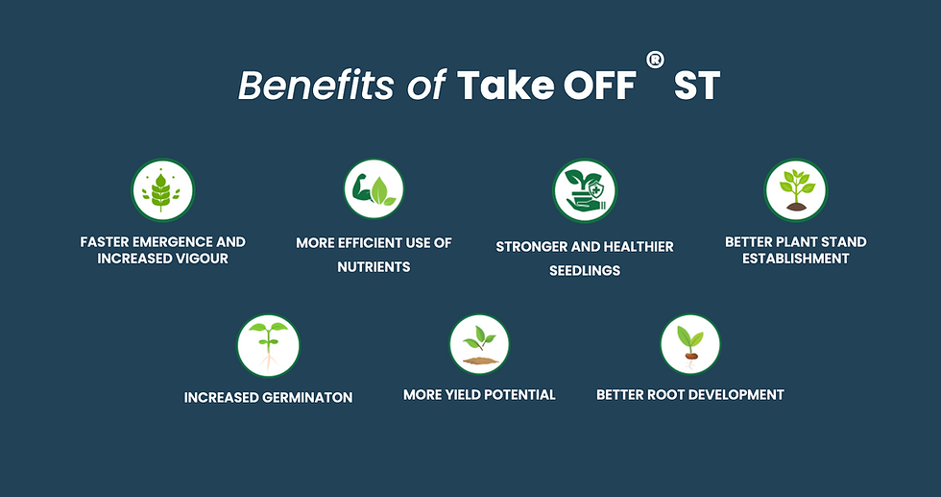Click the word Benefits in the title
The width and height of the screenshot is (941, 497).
point(316,86)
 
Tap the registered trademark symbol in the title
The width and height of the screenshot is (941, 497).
point(655,60)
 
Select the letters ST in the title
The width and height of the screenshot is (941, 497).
point(697,86)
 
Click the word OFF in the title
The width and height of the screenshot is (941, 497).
point(599,86)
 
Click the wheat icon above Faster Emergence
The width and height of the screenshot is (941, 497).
point(162,190)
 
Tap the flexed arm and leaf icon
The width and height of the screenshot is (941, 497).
point(374,188)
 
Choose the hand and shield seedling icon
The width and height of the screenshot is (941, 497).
point(585,190)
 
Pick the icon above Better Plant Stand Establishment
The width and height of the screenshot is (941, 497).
point(796,190)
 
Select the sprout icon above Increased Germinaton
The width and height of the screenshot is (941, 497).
point(268,345)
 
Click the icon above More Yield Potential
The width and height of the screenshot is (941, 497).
point(479,344)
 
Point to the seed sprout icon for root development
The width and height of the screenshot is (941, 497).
point(690,344)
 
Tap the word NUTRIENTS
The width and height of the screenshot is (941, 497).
point(374,267)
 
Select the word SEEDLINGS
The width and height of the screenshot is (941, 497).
point(585,271)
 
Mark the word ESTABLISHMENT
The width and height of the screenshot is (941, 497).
point(796,259)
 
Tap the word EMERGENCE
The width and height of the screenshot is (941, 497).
point(171,242)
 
